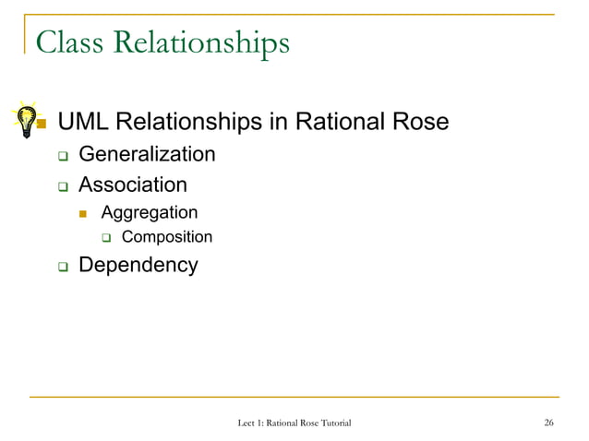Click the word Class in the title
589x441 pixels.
point(70,42)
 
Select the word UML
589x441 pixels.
point(84,122)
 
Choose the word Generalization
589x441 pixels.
point(147,154)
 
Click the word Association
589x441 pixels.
point(132,185)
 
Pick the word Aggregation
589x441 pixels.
point(149,213)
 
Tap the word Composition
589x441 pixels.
point(167,237)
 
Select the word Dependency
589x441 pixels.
point(138,266)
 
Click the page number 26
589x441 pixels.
point(548,423)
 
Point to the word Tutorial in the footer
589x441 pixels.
point(332,423)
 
